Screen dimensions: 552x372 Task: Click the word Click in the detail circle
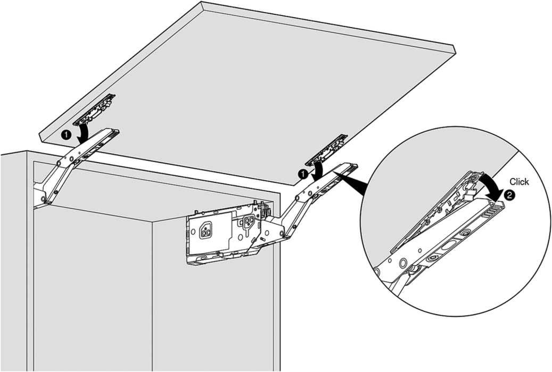point(519,182)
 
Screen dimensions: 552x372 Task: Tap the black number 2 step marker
point(509,195)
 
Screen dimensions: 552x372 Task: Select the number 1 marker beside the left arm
point(66,134)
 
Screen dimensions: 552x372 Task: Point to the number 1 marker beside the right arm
point(302,173)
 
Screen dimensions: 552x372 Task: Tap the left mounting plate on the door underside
point(95,109)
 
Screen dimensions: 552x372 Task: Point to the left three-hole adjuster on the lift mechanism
point(205,230)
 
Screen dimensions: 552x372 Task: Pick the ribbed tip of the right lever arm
point(352,167)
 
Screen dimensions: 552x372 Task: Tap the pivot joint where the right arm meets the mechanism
point(282,233)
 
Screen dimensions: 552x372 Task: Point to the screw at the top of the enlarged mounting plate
point(474,179)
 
